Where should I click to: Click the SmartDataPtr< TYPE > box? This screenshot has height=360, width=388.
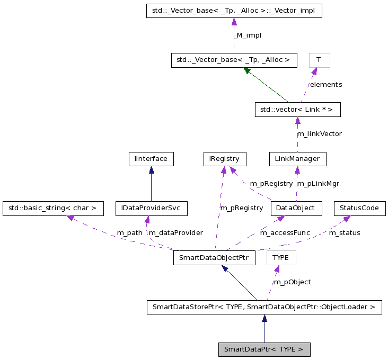(264, 349)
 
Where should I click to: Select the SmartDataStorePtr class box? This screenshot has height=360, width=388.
(264, 307)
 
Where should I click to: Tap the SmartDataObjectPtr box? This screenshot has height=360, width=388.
(215, 258)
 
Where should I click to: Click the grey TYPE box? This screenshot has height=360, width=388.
(281, 258)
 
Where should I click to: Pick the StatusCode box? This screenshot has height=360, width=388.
(359, 208)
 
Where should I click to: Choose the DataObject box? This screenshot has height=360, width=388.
(296, 208)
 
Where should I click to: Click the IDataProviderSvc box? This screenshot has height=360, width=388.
(152, 208)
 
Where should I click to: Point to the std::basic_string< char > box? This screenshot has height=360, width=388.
(52, 208)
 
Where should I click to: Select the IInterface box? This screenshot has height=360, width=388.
(151, 158)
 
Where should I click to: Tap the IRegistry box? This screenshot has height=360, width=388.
(225, 158)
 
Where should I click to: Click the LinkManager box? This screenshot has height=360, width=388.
(297, 158)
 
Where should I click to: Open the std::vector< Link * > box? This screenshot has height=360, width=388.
(297, 110)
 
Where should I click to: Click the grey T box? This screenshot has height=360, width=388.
(320, 60)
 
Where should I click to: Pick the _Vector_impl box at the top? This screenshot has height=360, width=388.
(234, 11)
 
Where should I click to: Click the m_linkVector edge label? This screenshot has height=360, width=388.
(319, 134)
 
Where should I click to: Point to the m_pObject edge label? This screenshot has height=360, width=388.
(292, 282)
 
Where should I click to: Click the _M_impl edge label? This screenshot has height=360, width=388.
(248, 35)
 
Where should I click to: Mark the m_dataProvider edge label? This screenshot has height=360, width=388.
(175, 233)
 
